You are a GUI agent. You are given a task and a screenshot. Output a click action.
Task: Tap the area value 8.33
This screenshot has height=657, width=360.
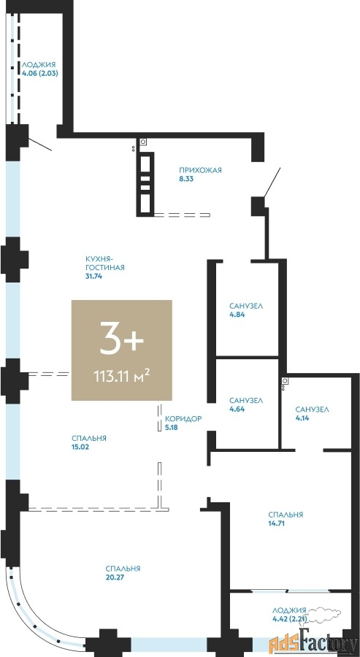pos(186,179)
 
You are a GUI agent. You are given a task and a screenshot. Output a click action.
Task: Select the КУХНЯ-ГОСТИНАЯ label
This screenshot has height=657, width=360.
pos(104,263)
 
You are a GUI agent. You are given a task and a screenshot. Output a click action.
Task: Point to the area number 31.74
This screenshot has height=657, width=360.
pos(94,276)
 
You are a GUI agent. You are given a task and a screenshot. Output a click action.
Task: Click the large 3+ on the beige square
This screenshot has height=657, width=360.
pos(121,342)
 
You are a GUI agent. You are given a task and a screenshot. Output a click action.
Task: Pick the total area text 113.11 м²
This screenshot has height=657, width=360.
pos(122,375)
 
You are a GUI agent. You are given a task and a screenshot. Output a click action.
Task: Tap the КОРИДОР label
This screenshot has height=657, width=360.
pos(183,418)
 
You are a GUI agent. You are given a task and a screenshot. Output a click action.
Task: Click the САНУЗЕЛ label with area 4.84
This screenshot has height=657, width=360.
pos(246,306)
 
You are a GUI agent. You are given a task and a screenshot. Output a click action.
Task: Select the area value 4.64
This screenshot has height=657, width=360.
pos(237,409)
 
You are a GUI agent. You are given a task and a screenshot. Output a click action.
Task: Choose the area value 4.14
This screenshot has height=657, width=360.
pos(302,418)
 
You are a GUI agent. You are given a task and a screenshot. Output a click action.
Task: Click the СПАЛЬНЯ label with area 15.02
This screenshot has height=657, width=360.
pos(89,438)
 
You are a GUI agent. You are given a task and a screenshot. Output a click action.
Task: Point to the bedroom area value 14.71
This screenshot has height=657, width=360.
pos(276,523)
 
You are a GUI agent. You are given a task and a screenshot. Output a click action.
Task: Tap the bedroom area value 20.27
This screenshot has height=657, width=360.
pos(115,577)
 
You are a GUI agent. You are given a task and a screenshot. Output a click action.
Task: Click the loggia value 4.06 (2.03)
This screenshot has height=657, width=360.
pos(40,72)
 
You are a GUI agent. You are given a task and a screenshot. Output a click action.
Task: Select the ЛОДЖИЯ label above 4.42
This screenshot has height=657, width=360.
pos(289,610)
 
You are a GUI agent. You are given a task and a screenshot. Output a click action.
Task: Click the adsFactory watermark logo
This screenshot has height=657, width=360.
pos(313,640)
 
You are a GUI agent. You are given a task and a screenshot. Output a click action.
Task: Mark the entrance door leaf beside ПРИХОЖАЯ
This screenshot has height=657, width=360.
pos(272,182)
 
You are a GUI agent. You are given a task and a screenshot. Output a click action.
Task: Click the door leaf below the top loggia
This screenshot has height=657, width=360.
pos(40,144)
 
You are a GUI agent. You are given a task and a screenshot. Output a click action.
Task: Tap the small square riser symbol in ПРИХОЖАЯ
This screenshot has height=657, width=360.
pos(143,142)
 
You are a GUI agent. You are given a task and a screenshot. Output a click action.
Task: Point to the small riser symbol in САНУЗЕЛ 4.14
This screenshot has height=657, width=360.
pos(285,381)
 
